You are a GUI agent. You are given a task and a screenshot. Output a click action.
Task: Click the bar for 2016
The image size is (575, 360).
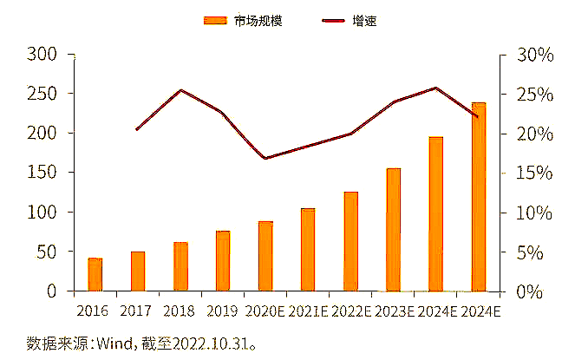tap(95, 274)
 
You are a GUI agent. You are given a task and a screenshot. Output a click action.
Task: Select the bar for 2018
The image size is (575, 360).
tap(180, 266)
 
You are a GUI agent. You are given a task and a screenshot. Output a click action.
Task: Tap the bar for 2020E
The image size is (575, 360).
tap(265, 256)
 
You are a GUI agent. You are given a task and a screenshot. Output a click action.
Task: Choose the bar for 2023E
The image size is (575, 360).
tap(393, 229)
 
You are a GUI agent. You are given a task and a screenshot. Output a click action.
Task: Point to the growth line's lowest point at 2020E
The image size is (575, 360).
tap(265, 158)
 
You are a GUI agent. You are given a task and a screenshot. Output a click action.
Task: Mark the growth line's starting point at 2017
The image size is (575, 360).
tap(138, 129)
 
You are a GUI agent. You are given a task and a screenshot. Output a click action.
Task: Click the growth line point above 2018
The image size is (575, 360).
tap(180, 89)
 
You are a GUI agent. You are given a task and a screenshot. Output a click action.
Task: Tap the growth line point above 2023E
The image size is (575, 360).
tap(393, 102)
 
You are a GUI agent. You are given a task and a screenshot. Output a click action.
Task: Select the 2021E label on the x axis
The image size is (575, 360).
tap(308, 310)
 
